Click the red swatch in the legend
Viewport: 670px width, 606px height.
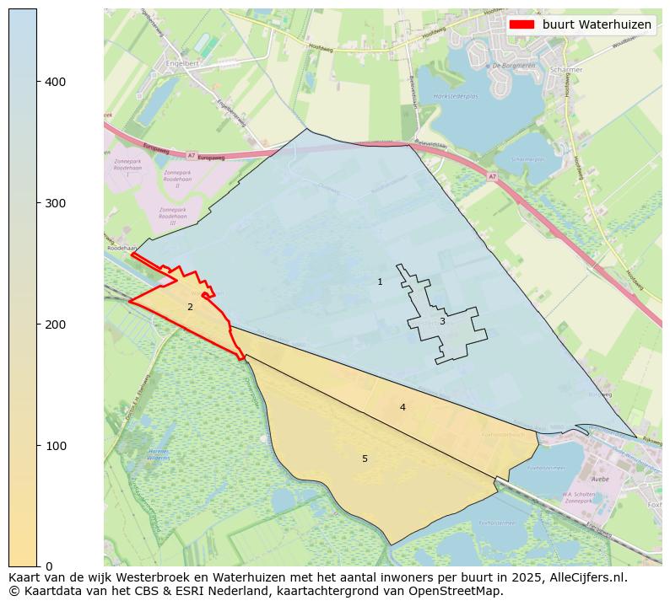point(522,24)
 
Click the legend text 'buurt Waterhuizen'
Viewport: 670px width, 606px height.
point(597,24)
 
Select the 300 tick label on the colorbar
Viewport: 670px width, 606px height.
point(54,203)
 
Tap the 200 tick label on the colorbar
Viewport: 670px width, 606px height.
point(54,324)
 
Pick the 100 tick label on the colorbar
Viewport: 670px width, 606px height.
point(54,445)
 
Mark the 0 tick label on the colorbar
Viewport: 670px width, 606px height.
point(47,566)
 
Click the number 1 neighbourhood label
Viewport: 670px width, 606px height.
point(380,282)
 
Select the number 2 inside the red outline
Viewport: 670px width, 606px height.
point(190,307)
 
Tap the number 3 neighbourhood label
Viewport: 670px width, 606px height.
point(441,321)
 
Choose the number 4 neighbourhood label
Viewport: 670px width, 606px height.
point(403,407)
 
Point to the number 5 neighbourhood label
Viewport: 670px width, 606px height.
point(365,459)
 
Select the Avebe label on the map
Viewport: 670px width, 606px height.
point(600,479)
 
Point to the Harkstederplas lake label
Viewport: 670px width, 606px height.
point(456,96)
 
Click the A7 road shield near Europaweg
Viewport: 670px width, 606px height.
point(191,155)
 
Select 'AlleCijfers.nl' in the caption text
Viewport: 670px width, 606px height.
point(585,577)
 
